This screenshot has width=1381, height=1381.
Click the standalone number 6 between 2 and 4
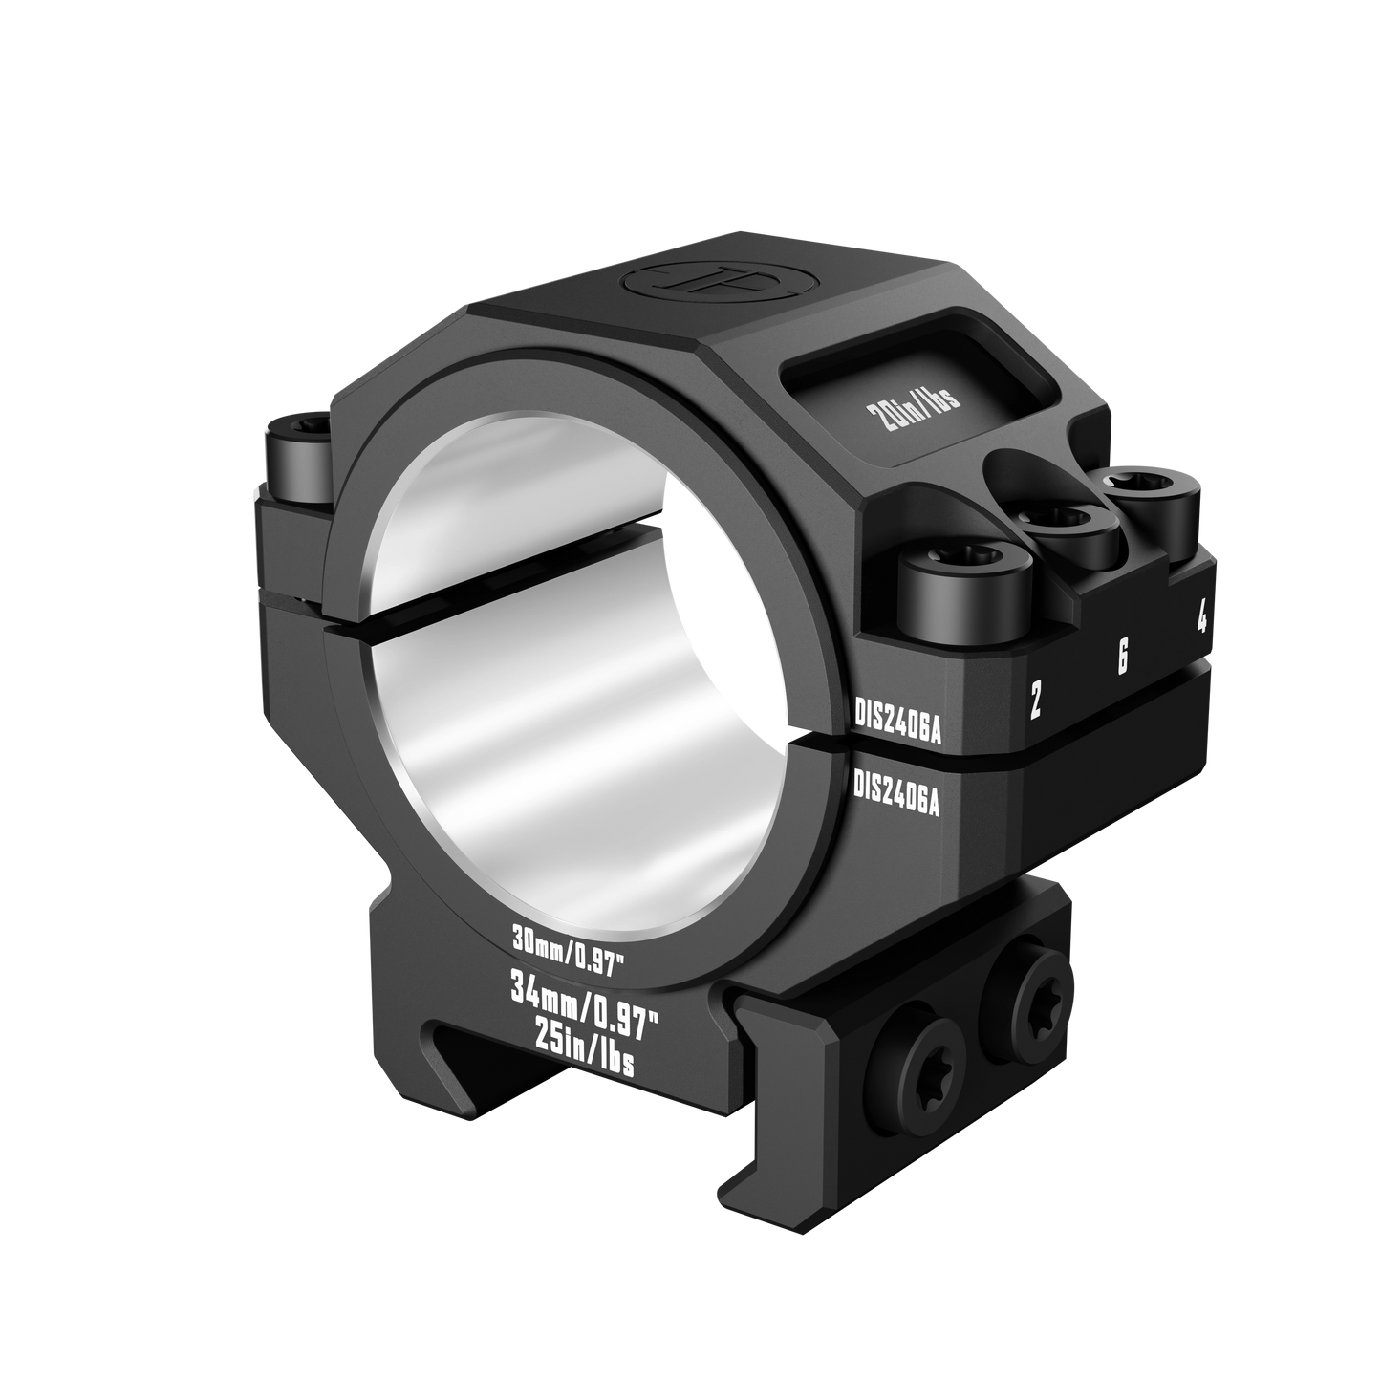[1123, 658]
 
